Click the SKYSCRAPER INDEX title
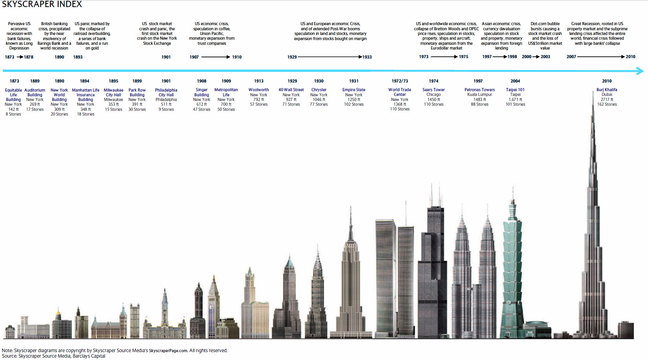pos(42,4)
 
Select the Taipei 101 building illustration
pos(512,275)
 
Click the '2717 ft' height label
pos(607,99)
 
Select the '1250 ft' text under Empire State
pos(353,99)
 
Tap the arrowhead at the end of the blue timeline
pos(640,71)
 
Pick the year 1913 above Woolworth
pos(258,81)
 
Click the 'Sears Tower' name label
pos(433,90)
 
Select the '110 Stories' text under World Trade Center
pos(399,109)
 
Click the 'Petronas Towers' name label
pos(480,90)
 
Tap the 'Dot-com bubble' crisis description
pos(545,36)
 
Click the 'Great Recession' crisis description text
pos(597,33)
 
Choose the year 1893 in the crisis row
pos(78,57)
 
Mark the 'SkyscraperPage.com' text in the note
pos(168,351)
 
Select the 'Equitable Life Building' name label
pos(13,95)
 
